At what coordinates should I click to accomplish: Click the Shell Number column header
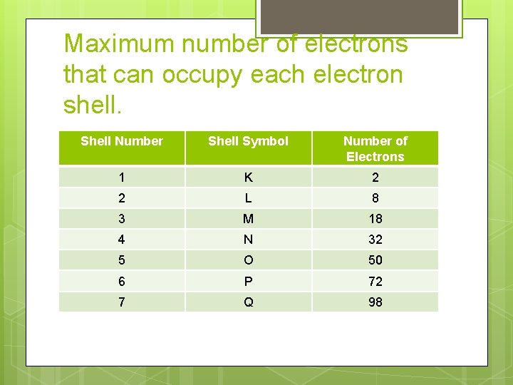122,141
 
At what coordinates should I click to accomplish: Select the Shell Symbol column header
248,141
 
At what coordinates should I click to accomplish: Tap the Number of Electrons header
375,148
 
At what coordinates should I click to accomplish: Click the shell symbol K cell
248,178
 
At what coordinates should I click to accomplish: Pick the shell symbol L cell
248,198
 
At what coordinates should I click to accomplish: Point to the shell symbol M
248,219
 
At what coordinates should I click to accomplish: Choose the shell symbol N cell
248,240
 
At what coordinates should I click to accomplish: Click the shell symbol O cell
248,260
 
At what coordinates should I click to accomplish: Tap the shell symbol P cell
248,281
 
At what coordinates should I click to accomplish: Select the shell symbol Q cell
248,302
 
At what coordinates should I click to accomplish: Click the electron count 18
375,219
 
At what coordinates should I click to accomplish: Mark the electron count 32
375,240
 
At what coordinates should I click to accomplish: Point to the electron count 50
375,260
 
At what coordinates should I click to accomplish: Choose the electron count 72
375,281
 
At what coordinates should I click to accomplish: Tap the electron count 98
375,302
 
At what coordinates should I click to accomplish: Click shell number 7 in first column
122,302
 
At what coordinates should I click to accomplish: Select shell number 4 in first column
122,240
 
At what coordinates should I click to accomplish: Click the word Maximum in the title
119,43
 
